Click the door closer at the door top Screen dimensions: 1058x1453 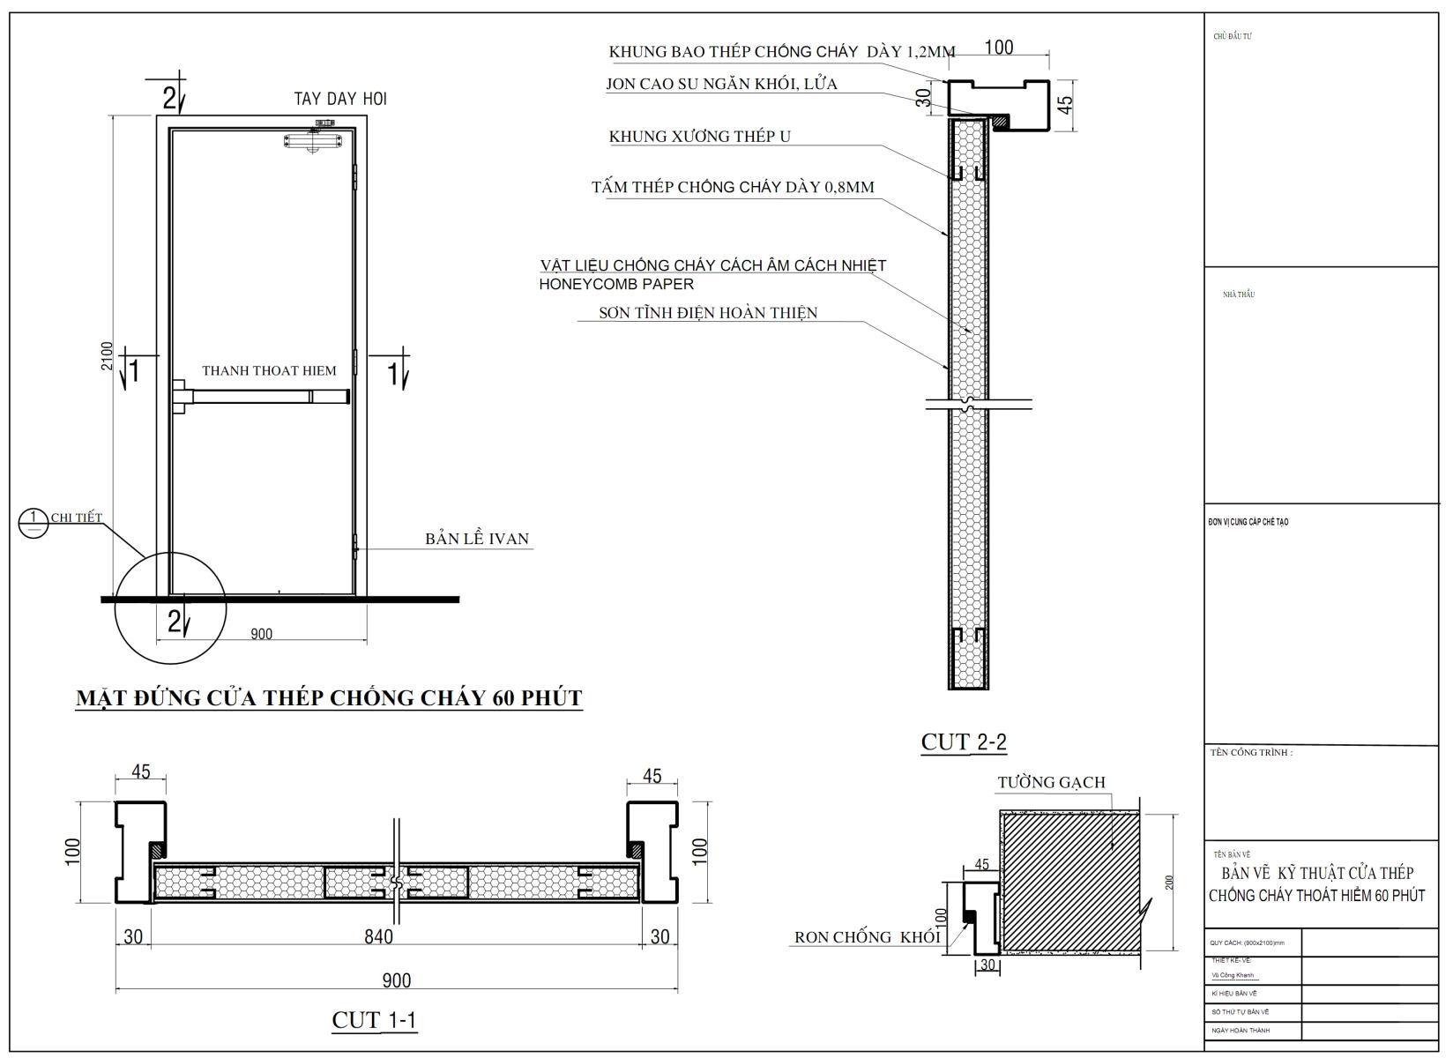click(312, 140)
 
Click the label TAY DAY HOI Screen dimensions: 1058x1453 click(340, 99)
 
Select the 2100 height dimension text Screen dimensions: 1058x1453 click(107, 355)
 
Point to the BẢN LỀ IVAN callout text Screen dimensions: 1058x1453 click(477, 539)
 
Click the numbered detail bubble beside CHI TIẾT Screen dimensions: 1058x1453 click(33, 523)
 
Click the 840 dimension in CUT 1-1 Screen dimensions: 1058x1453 click(378, 936)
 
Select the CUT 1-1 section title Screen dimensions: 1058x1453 click(374, 1020)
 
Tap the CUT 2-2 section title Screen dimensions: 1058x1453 click(964, 742)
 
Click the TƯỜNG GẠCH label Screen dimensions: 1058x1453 click(1051, 782)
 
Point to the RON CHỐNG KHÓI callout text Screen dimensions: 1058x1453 click(868, 937)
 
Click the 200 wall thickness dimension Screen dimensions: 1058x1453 click(1169, 883)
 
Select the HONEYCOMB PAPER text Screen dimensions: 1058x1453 click(616, 285)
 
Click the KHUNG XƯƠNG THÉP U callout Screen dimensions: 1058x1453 click(699, 137)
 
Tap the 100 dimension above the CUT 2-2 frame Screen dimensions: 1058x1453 click(998, 48)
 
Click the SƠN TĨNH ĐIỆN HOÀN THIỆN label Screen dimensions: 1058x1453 click(708, 313)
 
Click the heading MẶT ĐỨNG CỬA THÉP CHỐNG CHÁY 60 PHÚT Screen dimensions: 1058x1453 click(329, 698)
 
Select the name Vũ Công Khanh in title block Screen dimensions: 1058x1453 click(1233, 975)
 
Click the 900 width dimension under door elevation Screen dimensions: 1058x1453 click(261, 634)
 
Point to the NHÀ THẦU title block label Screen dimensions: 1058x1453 click(1238, 294)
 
